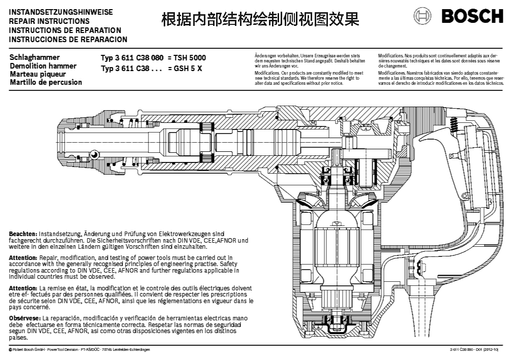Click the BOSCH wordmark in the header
472,16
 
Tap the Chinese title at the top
260,19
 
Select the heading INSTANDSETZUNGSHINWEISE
61,12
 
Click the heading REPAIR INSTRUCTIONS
49,21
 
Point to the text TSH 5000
191,58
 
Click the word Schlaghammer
35,57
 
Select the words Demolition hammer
43,66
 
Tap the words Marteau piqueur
38,74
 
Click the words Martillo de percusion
46,82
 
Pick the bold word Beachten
23,233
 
